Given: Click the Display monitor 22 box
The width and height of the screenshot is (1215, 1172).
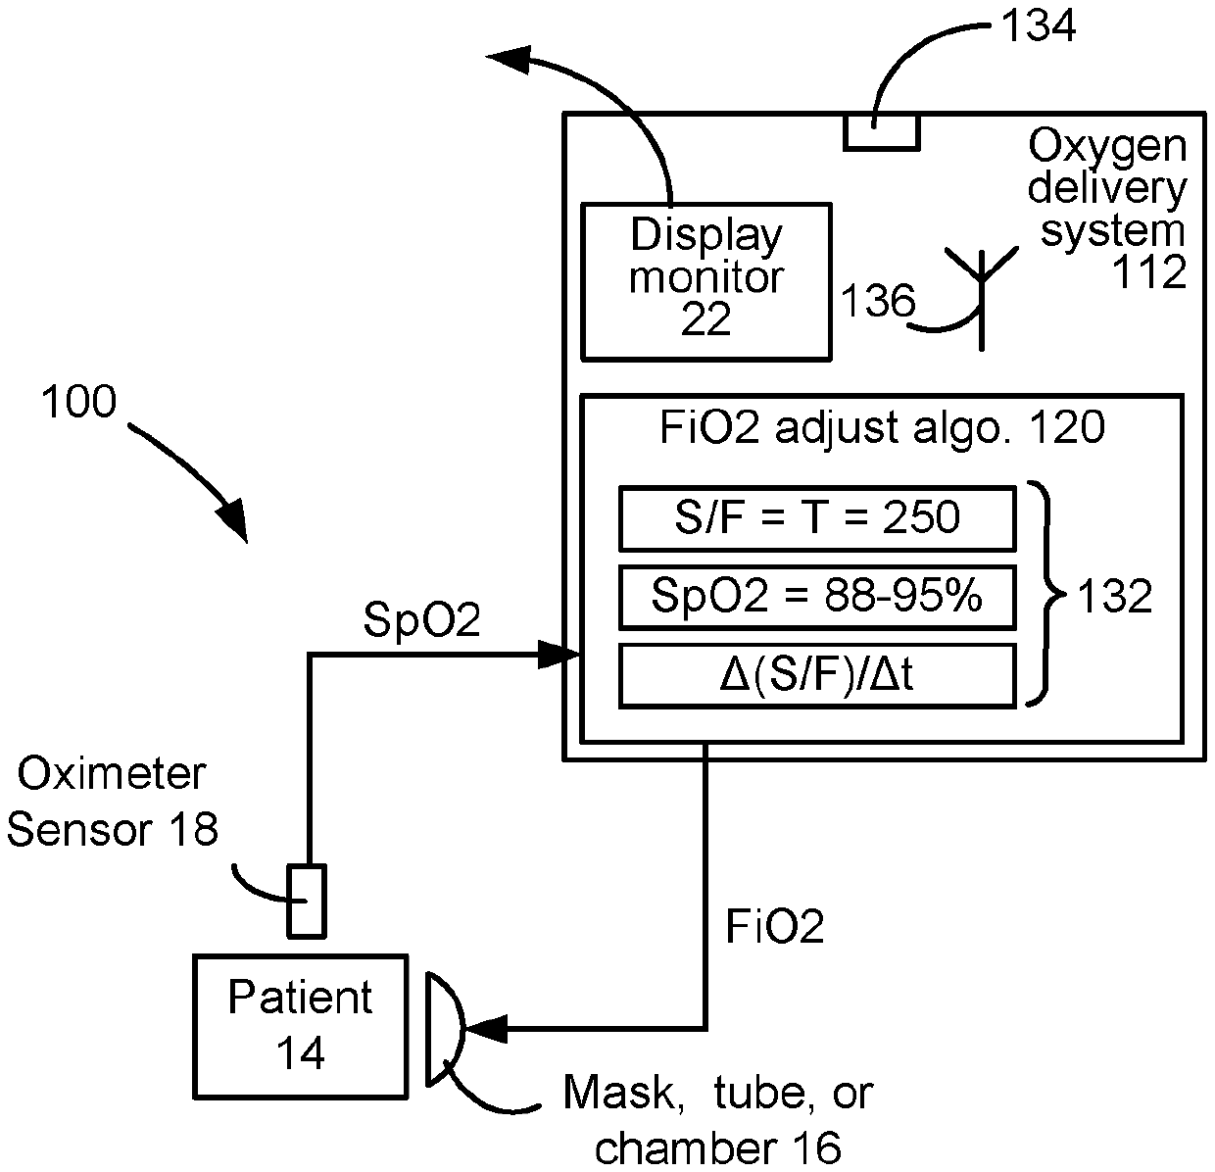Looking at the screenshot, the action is [706, 281].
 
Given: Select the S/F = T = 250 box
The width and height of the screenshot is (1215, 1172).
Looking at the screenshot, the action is [817, 518].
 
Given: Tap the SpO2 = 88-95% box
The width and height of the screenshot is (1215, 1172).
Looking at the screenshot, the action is [817, 597].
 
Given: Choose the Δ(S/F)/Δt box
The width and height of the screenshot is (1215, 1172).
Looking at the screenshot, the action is [817, 675].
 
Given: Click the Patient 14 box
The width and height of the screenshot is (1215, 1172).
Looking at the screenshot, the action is [300, 1027].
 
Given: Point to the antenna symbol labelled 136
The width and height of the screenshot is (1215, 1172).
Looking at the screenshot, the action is [982, 298].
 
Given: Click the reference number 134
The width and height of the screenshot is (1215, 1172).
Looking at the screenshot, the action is [1039, 25].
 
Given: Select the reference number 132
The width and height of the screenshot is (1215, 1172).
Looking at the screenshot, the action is [1114, 597].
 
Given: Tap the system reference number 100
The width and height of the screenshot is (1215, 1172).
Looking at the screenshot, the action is [78, 401].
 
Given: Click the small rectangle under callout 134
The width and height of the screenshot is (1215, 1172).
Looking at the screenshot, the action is [882, 132].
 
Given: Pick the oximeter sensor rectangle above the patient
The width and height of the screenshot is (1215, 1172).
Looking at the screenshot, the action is [307, 901].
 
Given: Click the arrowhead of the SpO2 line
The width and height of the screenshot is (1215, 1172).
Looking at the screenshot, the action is [559, 655].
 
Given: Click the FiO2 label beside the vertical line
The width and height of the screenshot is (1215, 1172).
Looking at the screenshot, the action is [775, 926].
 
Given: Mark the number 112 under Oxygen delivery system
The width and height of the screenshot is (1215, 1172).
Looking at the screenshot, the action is [1149, 272].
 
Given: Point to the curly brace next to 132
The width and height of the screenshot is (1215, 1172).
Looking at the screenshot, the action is [1046, 594].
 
